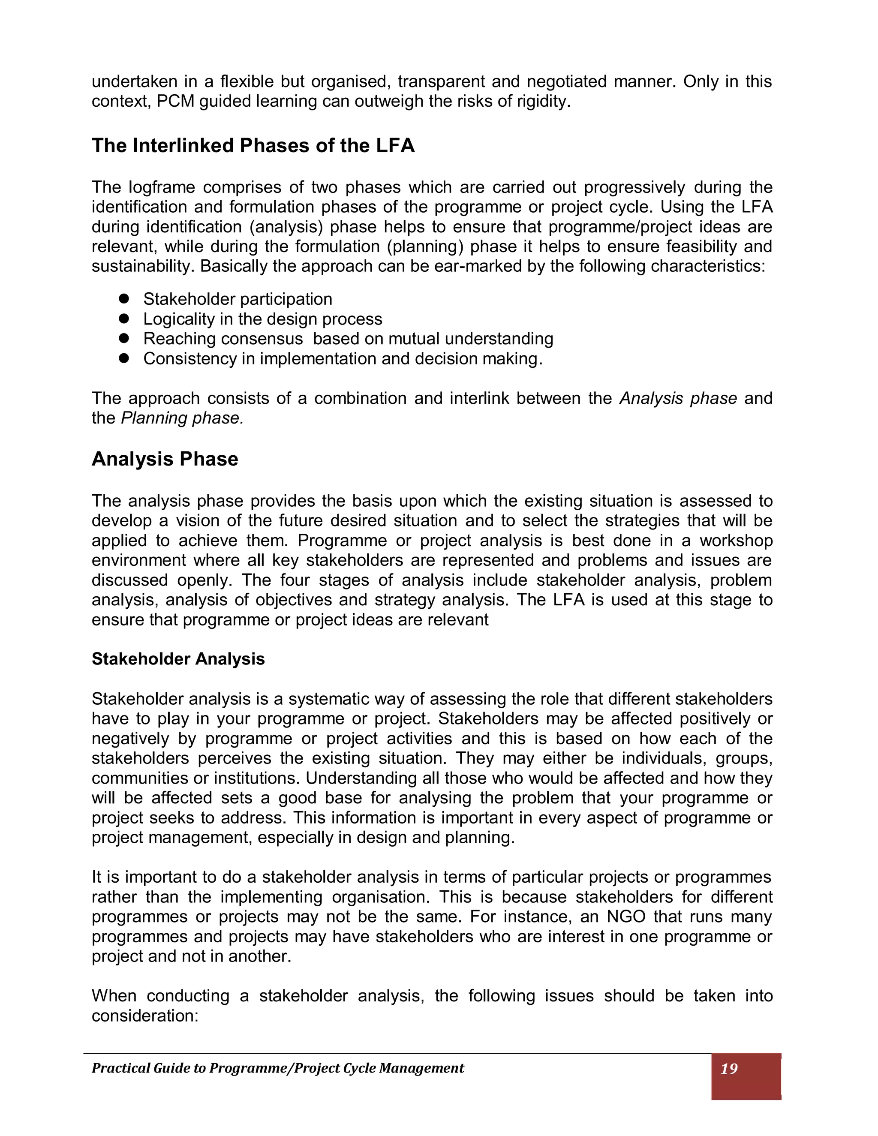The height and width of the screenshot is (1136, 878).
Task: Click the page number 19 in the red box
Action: (x=729, y=1068)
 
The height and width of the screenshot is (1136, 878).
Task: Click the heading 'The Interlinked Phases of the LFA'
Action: (x=253, y=146)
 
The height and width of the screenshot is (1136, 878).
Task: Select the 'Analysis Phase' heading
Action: (x=165, y=459)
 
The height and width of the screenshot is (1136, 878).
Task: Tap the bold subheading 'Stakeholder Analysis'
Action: (x=178, y=659)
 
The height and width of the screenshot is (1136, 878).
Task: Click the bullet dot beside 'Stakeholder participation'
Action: (x=123, y=298)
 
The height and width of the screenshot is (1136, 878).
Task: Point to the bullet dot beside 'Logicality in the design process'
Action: (x=123, y=319)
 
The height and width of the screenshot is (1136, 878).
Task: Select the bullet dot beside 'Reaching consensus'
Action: (x=123, y=338)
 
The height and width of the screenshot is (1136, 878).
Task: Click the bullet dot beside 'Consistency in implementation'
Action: (x=123, y=358)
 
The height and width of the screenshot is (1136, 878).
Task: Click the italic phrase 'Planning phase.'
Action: (x=182, y=418)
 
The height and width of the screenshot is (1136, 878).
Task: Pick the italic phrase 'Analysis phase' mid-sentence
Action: (x=678, y=398)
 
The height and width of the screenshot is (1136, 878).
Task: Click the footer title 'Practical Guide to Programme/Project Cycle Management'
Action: (x=278, y=1068)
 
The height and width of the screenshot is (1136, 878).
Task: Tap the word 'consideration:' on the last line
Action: (x=145, y=1015)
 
